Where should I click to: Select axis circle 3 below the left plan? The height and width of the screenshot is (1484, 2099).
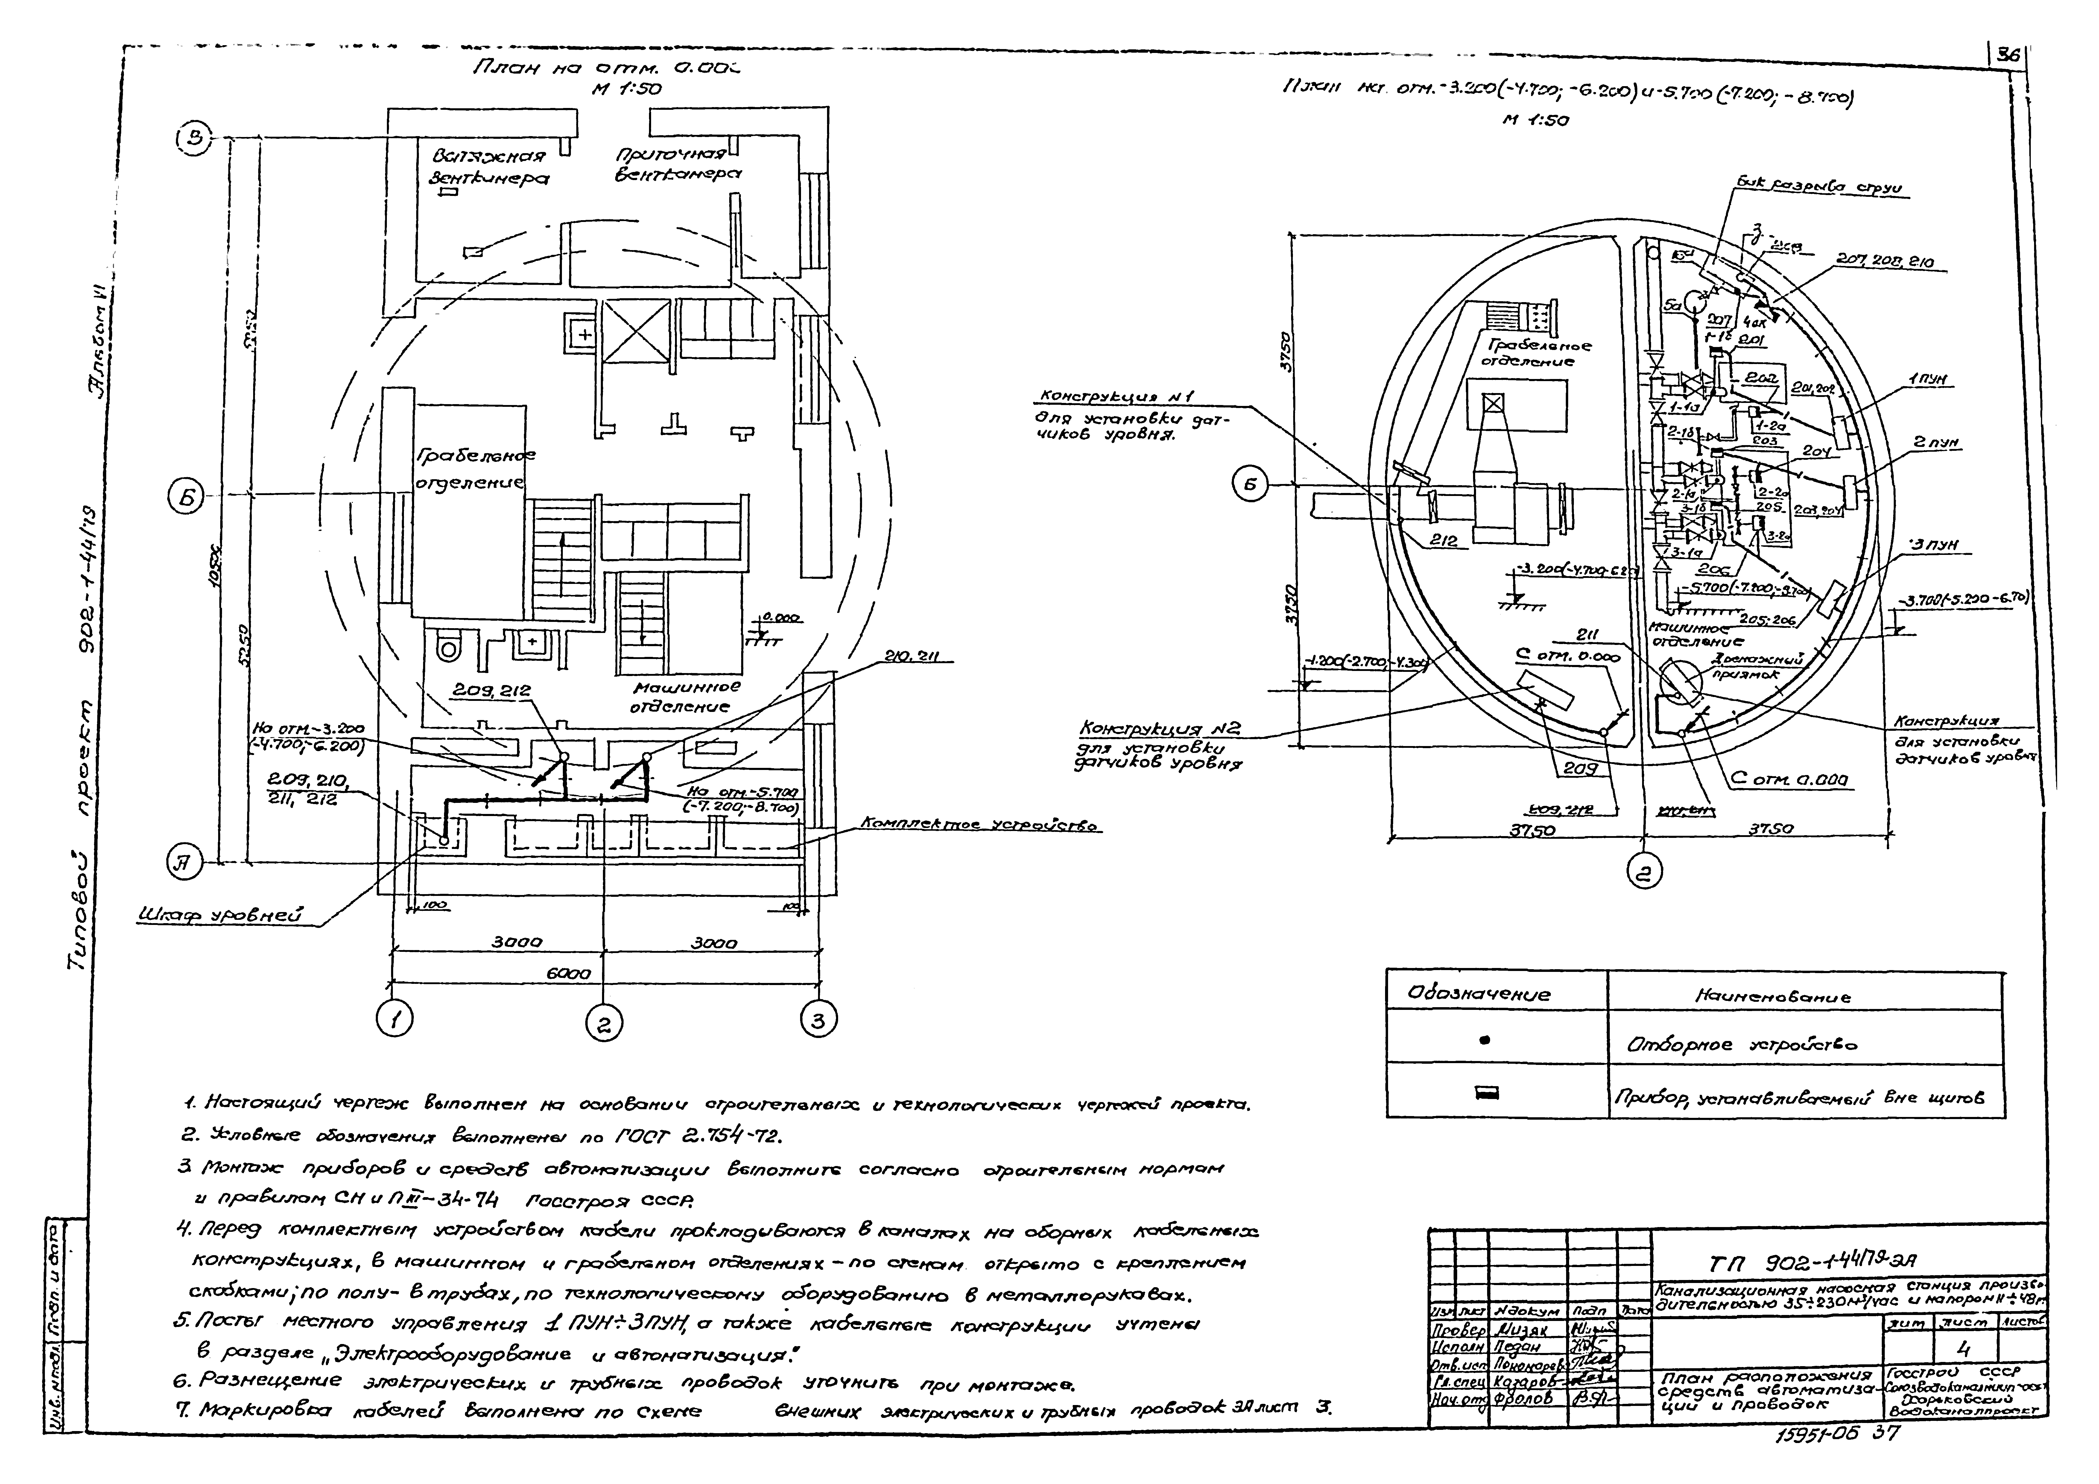[818, 1018]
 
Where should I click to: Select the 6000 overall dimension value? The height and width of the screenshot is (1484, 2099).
[569, 974]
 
